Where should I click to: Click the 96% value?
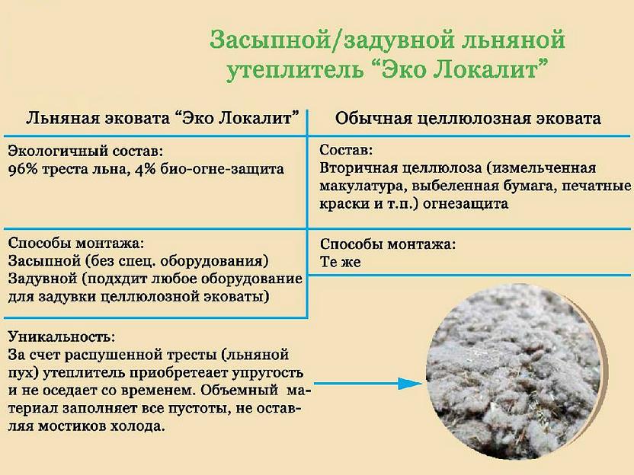coord(24,168)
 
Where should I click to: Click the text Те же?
coord(340,262)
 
